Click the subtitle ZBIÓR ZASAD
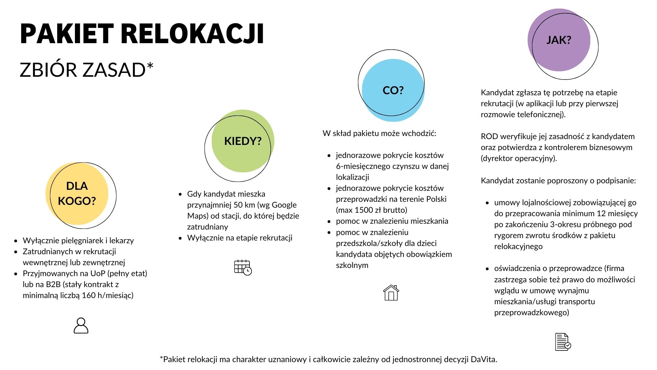coord(86,70)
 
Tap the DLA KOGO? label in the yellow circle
coord(77,193)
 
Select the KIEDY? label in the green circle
coord(243,141)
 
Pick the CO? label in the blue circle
coord(393,90)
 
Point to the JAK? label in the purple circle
coord(559,40)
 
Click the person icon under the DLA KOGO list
coord(81,325)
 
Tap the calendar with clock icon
coord(243,268)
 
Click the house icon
coord(391,293)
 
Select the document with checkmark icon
coord(563,342)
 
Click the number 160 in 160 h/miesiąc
coord(89,295)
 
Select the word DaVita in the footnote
coord(484,359)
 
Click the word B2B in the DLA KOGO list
coord(53,284)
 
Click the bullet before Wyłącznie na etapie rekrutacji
coord(180,238)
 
